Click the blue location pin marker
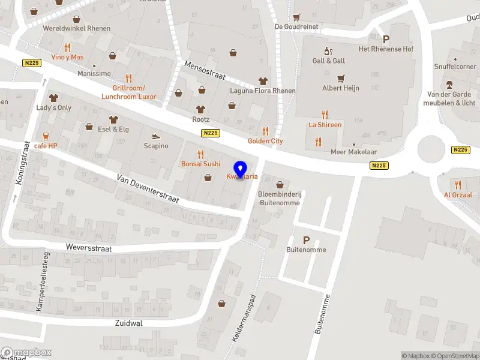(x=241, y=170)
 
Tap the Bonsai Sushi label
(x=200, y=164)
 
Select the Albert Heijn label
(x=341, y=88)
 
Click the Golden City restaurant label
(x=265, y=141)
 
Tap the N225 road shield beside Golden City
(x=210, y=133)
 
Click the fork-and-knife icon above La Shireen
(x=325, y=115)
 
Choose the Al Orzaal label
(x=458, y=195)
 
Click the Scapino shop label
(x=156, y=146)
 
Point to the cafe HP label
(x=46, y=146)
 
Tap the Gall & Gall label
(x=329, y=61)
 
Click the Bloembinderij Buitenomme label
(x=279, y=199)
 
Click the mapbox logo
(x=26, y=353)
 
